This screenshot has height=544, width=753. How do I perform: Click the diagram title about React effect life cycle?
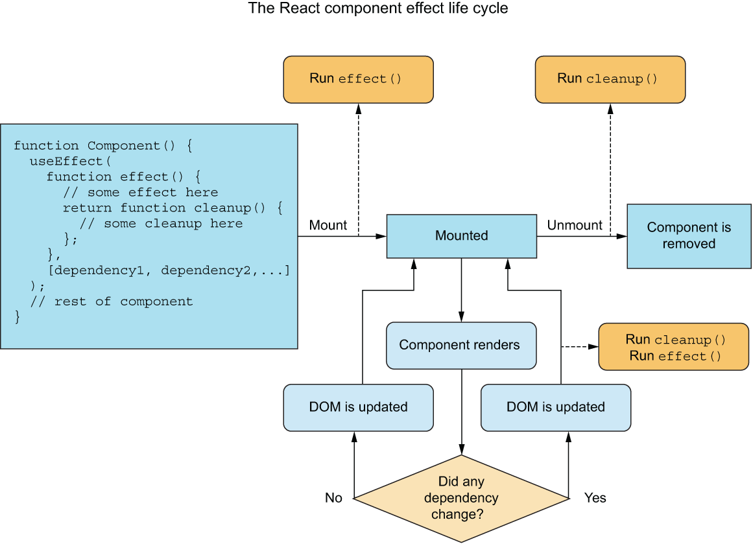[x=378, y=9]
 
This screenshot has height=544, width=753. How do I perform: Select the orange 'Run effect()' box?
[x=358, y=79]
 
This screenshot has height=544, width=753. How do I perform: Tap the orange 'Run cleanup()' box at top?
[x=610, y=79]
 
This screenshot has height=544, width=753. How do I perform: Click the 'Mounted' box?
[x=461, y=236]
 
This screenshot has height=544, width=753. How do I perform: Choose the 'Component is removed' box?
[x=689, y=236]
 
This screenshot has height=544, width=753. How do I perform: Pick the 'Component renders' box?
[x=461, y=345]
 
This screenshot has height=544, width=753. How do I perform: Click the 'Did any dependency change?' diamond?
[x=461, y=498]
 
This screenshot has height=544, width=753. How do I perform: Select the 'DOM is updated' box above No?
[x=358, y=407]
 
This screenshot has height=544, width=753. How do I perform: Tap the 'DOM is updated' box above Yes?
[x=556, y=407]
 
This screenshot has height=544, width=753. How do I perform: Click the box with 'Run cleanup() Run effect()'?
[x=673, y=348]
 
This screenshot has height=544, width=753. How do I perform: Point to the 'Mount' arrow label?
[x=328, y=226]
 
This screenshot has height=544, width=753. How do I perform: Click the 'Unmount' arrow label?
[x=575, y=226]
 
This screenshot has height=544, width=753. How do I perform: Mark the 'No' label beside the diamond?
[x=333, y=498]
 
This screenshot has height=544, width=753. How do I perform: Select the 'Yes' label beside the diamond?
[x=595, y=498]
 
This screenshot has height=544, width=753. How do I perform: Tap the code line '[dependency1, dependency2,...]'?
[x=169, y=270]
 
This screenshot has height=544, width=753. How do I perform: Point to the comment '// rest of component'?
[x=112, y=302]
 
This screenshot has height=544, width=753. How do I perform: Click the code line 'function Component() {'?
[x=102, y=146]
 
